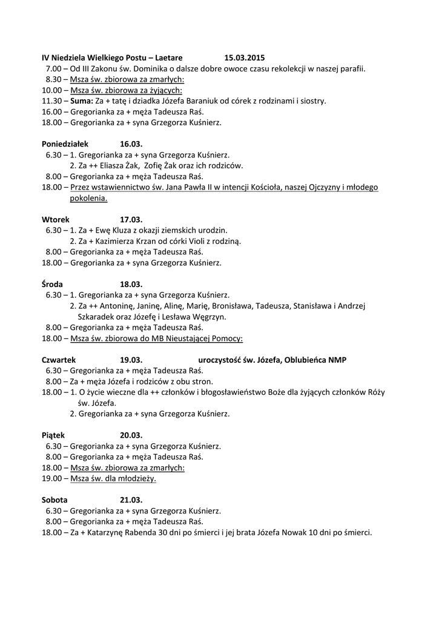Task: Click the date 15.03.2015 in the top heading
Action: [x=245, y=58]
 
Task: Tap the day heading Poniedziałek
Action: [x=65, y=144]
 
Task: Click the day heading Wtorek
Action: [x=56, y=219]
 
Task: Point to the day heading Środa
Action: [x=53, y=284]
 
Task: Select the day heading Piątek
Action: [x=53, y=435]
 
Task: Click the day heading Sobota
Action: [x=55, y=500]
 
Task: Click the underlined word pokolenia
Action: [x=88, y=198]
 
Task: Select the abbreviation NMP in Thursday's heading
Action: [x=337, y=360]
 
